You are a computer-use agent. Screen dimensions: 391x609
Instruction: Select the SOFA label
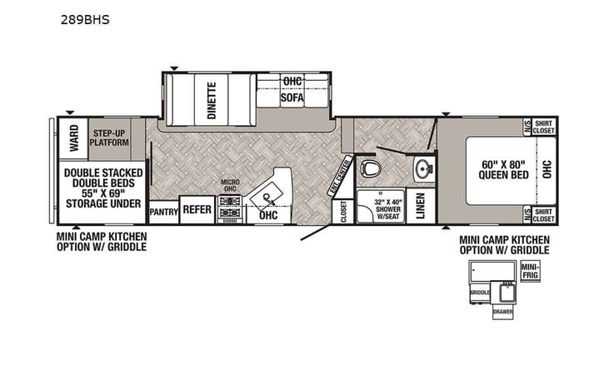(292, 98)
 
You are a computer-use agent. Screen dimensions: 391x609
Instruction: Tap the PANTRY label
(164, 212)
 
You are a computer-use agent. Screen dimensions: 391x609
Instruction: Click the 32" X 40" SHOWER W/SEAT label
(380, 208)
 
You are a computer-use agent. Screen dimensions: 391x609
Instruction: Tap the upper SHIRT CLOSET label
(543, 127)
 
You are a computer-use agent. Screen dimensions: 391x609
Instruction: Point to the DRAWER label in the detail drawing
(502, 312)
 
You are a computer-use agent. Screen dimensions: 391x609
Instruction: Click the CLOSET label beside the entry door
(343, 212)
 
